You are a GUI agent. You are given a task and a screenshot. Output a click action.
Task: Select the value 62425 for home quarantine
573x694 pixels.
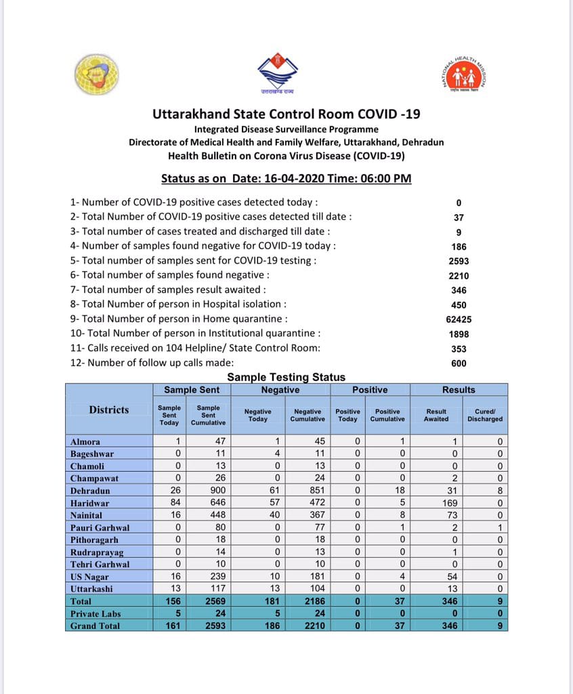[x=459, y=319]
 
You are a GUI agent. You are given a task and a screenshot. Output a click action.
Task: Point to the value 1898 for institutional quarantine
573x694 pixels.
[x=459, y=334]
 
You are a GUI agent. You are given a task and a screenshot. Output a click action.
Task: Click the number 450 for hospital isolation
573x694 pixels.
[x=459, y=305]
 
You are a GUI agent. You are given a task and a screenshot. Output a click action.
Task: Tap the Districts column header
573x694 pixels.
[x=108, y=409]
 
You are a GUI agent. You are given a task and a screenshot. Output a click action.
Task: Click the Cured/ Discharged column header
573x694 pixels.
[x=484, y=414]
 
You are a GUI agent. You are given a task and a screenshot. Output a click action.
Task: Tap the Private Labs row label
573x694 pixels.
[x=95, y=613]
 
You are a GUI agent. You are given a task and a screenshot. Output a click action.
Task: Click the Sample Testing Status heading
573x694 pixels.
[x=286, y=377]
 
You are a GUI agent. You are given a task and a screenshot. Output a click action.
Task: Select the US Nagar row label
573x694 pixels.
[x=89, y=576]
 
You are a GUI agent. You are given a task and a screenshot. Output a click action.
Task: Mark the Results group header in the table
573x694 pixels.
[x=459, y=390]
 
